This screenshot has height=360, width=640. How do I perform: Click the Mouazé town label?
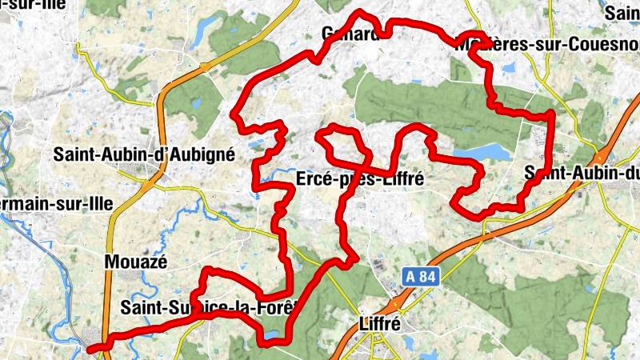(131, 261)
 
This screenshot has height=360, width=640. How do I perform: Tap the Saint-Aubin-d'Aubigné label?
(144, 154)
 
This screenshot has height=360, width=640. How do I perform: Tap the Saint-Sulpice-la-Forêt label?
(209, 306)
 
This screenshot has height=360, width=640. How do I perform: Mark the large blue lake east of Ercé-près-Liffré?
(480, 152)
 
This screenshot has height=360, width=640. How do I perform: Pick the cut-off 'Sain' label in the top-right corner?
(622, 13)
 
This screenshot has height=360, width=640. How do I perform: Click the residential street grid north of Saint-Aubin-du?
(537, 136)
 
